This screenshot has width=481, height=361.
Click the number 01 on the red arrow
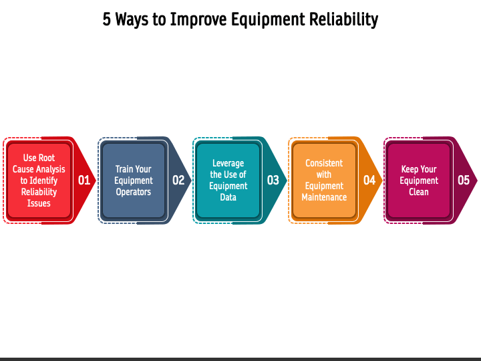point(84,180)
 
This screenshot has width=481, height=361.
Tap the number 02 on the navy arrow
point(178,180)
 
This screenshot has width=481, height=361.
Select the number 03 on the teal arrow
point(273,180)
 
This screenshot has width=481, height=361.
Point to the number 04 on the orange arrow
point(369,180)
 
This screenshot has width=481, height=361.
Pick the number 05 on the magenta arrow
point(464,180)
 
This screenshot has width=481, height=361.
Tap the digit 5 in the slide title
point(107,19)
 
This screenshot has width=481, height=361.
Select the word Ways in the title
point(133,19)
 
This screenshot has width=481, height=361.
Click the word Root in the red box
point(47,158)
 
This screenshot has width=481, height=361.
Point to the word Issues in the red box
point(39,203)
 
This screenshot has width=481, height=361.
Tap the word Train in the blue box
point(123,169)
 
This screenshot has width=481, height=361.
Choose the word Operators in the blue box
point(134,192)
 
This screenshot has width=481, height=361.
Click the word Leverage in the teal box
point(228,163)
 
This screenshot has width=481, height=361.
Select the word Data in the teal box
point(228,197)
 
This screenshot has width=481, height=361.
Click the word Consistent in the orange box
point(324,163)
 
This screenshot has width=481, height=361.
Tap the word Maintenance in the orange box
point(324,197)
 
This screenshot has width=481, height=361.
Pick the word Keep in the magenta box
point(410,169)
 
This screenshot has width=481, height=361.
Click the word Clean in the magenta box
point(419,192)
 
